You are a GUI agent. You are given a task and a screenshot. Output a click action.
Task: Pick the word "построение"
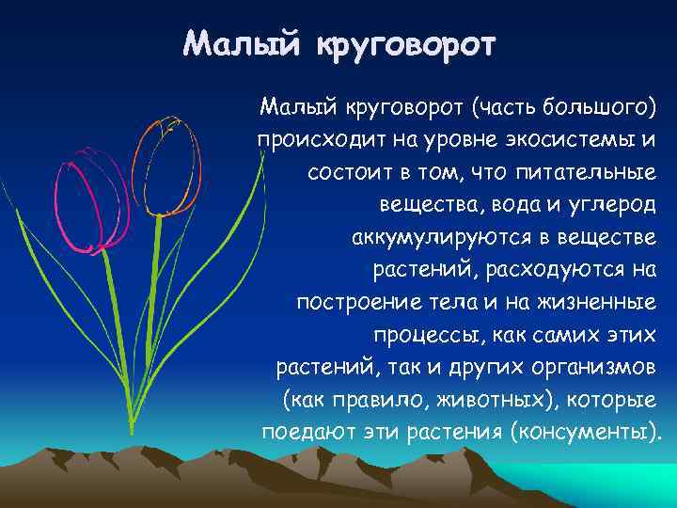(x=356, y=303)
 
